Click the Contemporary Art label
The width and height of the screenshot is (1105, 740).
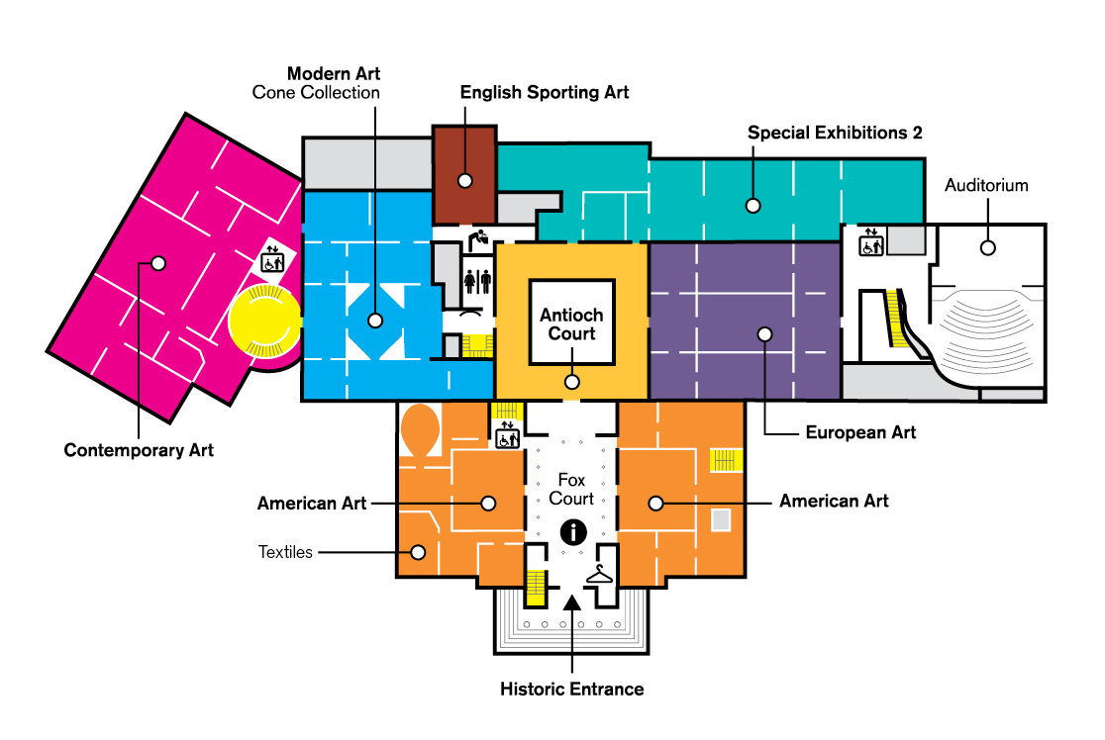click(x=139, y=451)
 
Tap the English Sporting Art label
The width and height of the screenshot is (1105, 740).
click(x=545, y=92)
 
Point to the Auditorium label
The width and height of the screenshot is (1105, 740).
click(x=986, y=185)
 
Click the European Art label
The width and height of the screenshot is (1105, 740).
click(x=860, y=432)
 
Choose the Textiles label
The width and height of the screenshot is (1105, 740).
click(x=285, y=552)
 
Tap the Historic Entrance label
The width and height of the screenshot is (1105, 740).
click(x=572, y=689)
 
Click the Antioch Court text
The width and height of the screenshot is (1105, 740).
click(x=571, y=324)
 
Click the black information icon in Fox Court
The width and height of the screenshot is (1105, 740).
click(x=572, y=532)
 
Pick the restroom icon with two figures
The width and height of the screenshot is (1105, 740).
click(x=477, y=280)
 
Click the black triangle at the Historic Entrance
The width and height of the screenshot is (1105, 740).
click(x=572, y=600)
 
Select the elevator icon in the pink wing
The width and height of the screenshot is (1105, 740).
click(x=271, y=260)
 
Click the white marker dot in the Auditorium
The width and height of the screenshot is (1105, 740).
click(x=987, y=247)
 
